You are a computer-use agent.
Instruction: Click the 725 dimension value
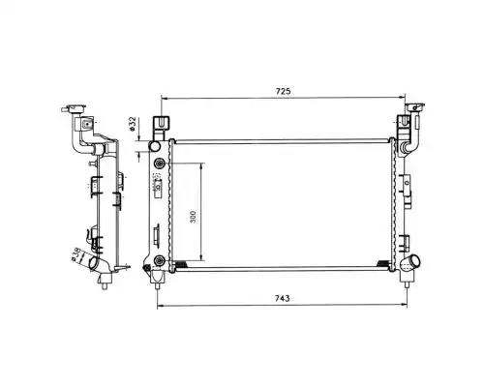(283, 91)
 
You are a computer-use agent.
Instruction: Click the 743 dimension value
(283, 299)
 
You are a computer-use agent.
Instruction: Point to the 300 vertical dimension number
(193, 217)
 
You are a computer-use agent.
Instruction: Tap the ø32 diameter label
(132, 124)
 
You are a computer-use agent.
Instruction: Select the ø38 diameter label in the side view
(76, 253)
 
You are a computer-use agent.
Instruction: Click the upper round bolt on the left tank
(159, 164)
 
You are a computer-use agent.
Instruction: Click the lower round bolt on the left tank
(159, 259)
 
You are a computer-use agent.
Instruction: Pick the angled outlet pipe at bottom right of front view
(410, 261)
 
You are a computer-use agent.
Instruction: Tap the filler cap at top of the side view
(74, 108)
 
